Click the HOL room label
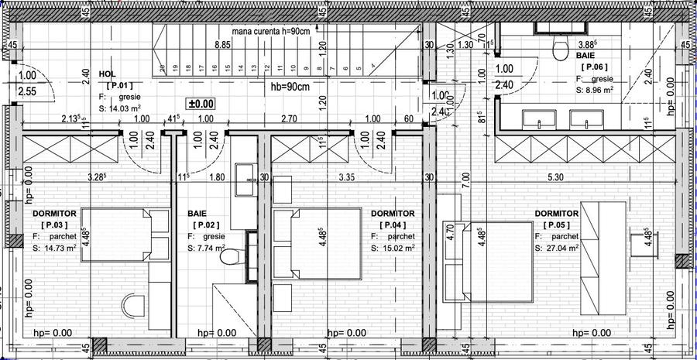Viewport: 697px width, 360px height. point(107,74)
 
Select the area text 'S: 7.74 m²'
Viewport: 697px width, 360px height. point(207,249)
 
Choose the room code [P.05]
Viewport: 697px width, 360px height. point(556,225)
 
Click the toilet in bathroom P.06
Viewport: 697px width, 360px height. point(556,50)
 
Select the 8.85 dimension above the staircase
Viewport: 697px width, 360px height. point(222,45)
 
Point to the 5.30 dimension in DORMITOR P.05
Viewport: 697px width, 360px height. point(555,177)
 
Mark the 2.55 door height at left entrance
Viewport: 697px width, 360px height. point(27,91)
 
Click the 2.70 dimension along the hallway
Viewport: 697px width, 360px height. point(288,118)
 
